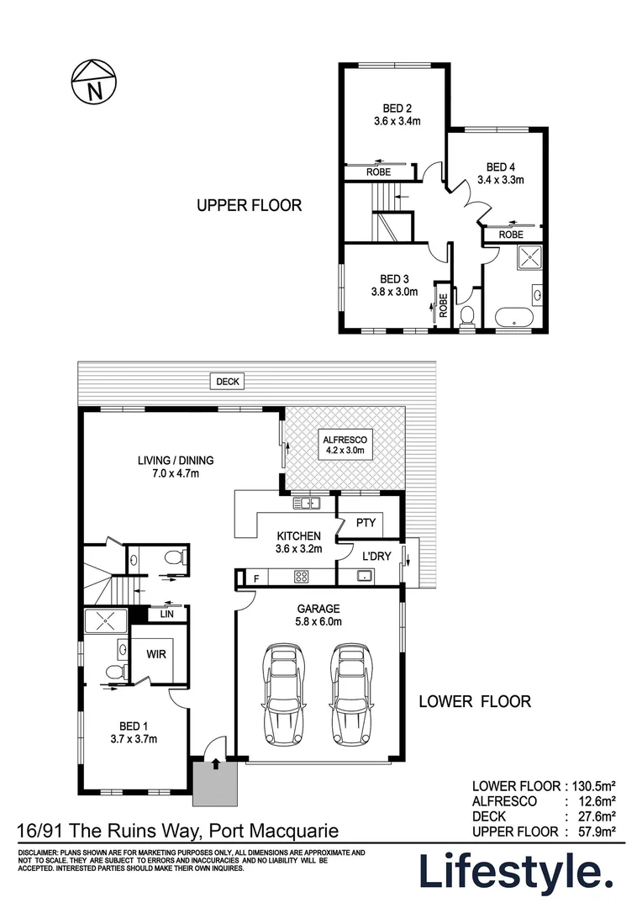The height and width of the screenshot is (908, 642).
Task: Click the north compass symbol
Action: (93, 82)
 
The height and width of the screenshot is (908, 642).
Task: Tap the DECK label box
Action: (228, 382)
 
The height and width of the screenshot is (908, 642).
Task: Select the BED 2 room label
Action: (397, 108)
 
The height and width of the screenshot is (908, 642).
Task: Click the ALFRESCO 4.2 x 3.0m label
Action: (345, 445)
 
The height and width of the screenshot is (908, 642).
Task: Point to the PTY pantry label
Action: (366, 523)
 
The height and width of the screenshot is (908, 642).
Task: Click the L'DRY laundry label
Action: (376, 556)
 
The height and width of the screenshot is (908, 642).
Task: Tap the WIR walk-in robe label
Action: (156, 654)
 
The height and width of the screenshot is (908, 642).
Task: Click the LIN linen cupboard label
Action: (166, 614)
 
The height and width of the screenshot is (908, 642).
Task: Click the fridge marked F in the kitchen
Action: (256, 578)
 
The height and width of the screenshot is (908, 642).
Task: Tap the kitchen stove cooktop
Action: (302, 577)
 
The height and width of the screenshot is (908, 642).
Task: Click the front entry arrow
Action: (215, 763)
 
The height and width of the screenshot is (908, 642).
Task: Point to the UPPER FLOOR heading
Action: (250, 205)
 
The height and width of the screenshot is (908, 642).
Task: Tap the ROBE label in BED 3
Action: (444, 305)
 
